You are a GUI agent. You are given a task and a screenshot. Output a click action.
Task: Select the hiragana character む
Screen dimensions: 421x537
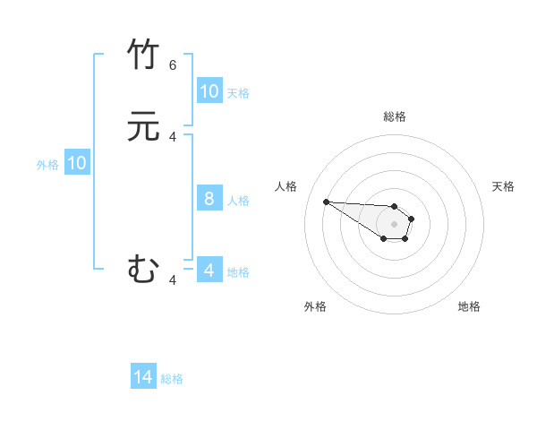[143, 269]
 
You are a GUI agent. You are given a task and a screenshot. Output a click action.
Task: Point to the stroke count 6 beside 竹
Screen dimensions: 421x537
[173, 65]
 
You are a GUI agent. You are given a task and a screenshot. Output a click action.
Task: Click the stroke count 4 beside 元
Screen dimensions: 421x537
[173, 136]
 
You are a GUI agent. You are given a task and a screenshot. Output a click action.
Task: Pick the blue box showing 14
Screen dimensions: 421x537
[143, 378]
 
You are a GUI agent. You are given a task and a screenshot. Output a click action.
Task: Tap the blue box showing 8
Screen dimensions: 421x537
[209, 199]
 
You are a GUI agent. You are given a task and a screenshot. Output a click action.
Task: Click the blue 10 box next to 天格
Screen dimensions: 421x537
[209, 91]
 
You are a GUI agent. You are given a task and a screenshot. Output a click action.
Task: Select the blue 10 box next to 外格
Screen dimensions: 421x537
[77, 163]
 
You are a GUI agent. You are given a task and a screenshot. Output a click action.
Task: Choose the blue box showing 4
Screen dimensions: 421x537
[209, 271]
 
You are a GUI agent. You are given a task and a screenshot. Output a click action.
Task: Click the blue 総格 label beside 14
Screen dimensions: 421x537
[172, 379]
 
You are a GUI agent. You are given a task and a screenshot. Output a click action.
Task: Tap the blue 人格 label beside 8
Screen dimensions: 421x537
[238, 200]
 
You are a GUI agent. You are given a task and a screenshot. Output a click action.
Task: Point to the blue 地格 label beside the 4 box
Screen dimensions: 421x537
[238, 271]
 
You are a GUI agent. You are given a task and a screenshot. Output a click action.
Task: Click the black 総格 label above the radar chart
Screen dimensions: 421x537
[395, 116]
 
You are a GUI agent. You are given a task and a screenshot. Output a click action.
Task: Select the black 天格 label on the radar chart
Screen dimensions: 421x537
[503, 186]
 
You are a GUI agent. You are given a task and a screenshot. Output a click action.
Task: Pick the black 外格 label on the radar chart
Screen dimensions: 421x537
[315, 306]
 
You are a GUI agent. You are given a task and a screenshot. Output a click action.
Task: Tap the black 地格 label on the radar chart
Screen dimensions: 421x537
[469, 306]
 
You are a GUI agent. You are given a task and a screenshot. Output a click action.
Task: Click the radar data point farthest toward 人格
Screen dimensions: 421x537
[326, 202]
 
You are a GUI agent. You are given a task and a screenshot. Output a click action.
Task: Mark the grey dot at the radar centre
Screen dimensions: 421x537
[394, 224]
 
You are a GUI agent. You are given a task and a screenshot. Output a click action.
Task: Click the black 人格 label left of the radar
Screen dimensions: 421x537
[286, 186]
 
